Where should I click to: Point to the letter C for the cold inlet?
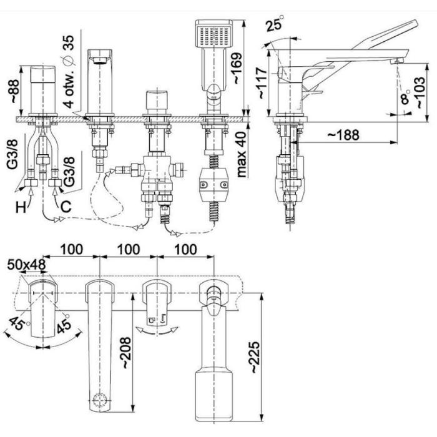pyautogui.click(x=64, y=206)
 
